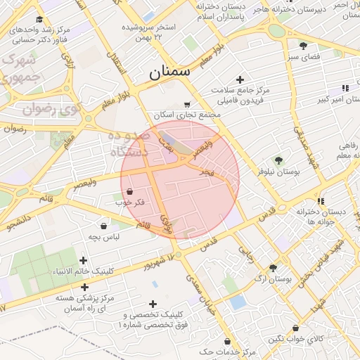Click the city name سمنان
(x=170, y=72)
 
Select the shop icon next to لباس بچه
(x=104, y=226)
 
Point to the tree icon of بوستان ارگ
(x=272, y=268)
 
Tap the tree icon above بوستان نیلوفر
(x=278, y=160)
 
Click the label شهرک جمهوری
(x=20, y=69)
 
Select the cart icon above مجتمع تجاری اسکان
(x=186, y=103)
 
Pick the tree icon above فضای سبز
(x=303, y=45)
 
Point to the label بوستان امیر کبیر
(x=331, y=100)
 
